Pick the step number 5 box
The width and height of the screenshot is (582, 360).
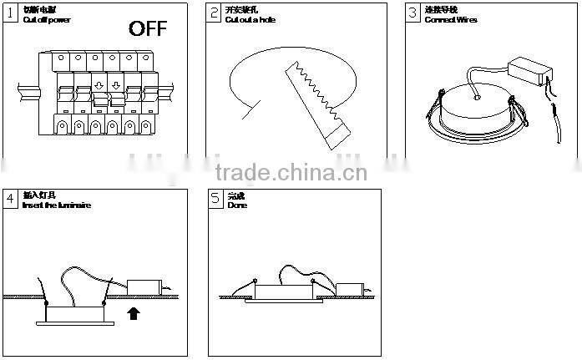pyautogui.click(x=216, y=199)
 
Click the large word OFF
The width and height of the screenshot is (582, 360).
pyautogui.click(x=148, y=29)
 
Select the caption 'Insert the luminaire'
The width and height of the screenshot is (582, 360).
pyautogui.click(x=57, y=205)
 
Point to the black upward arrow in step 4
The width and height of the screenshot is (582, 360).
pyautogui.click(x=131, y=313)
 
